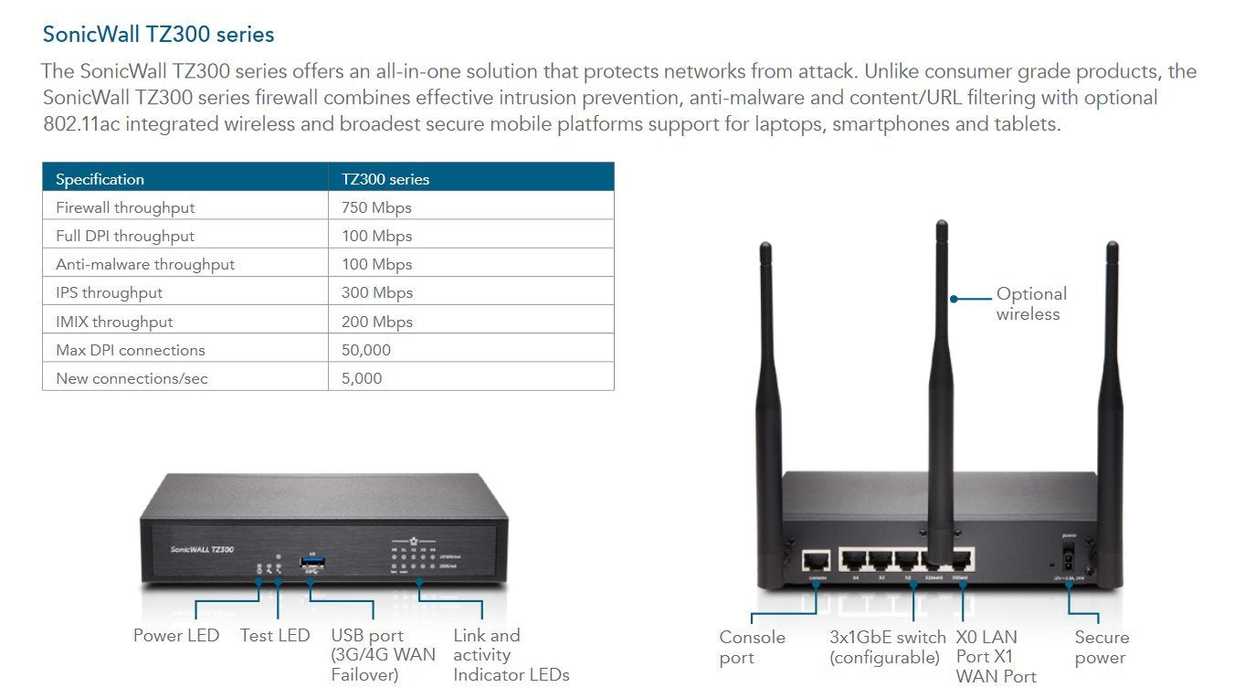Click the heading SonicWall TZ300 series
[158, 35]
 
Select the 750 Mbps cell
[376, 207]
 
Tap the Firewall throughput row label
[125, 207]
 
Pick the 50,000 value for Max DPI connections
[365, 350]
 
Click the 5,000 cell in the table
[362, 378]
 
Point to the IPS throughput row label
[109, 292]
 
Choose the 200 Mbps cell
[376, 322]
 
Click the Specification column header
[100, 179]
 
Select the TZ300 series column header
[385, 179]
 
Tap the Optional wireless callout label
[1030, 303]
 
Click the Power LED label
[176, 636]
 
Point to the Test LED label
[275, 636]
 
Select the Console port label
[752, 647]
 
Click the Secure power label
[1101, 647]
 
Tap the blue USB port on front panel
[311, 564]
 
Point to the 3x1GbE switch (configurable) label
[886, 647]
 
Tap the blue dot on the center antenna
[954, 298]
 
